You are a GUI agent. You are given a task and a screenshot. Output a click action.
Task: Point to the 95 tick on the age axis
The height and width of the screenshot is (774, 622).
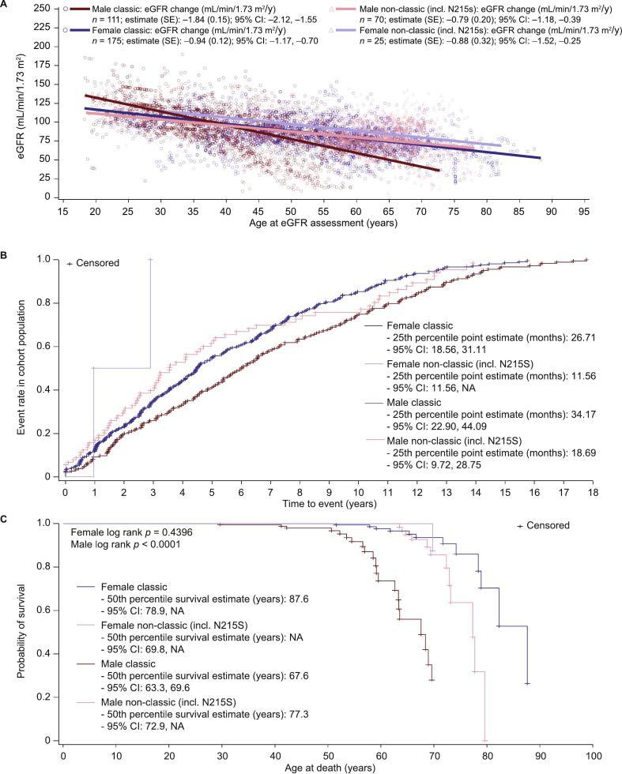(x=583, y=212)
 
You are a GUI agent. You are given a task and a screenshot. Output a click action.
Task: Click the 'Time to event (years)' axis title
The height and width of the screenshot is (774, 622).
(x=326, y=502)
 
